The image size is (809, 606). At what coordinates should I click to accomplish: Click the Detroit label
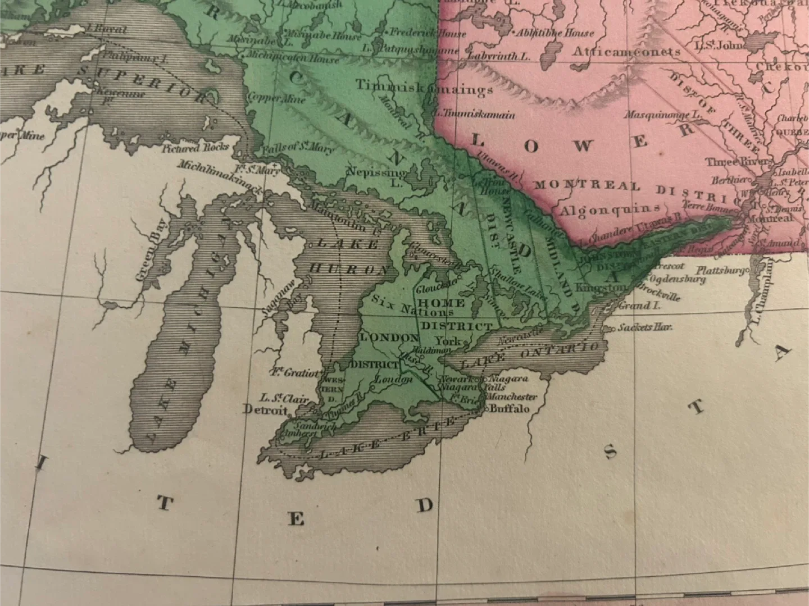click(x=265, y=409)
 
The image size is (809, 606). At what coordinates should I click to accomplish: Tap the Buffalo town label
click(x=510, y=408)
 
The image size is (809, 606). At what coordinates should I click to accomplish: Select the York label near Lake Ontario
click(x=448, y=340)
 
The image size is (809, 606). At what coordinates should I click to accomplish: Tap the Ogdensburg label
click(x=677, y=279)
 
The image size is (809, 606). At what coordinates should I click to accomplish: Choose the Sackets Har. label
click(x=644, y=327)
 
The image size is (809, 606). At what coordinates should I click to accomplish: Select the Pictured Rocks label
click(x=195, y=148)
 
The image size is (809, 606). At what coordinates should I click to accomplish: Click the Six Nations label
click(x=412, y=305)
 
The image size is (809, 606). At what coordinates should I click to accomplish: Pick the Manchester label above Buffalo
click(x=511, y=397)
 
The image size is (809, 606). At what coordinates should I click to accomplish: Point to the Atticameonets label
click(x=626, y=52)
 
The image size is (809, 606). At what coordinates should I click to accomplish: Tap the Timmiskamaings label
click(x=424, y=87)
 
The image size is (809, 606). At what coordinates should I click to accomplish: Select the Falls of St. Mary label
click(x=298, y=149)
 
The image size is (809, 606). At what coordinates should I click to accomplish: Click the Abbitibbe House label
click(x=555, y=33)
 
